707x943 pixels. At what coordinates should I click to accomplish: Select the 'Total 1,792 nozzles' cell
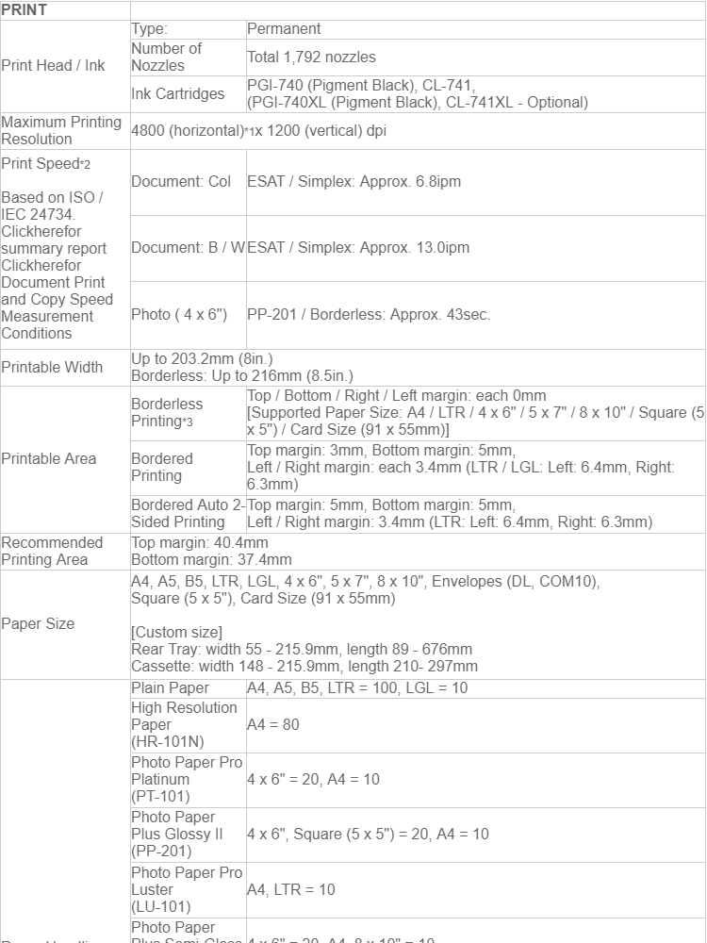click(x=311, y=58)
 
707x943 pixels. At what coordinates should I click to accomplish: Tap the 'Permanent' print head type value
click(x=284, y=29)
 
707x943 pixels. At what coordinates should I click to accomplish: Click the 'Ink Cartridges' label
click(x=177, y=94)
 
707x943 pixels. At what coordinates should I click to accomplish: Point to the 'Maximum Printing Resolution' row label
click(x=61, y=131)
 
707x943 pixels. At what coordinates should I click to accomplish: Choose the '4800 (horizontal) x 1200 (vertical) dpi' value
click(x=258, y=131)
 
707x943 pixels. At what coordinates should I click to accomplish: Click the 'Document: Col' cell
click(x=181, y=181)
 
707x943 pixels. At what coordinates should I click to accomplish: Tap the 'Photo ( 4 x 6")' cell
click(x=179, y=315)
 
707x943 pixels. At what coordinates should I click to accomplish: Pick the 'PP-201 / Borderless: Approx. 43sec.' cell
click(x=369, y=315)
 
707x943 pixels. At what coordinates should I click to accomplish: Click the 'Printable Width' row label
click(x=52, y=368)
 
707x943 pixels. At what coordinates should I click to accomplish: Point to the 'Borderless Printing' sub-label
click(x=167, y=412)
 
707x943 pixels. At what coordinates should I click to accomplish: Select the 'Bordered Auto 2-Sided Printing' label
click(x=187, y=514)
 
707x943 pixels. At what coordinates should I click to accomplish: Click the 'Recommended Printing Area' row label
click(x=52, y=552)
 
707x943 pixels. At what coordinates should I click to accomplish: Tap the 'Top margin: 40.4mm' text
click(x=200, y=543)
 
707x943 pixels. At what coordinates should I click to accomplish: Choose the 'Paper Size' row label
click(x=38, y=624)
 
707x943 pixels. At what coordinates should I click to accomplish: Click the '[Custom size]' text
click(x=177, y=632)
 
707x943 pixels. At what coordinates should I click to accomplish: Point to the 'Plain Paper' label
click(x=171, y=688)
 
